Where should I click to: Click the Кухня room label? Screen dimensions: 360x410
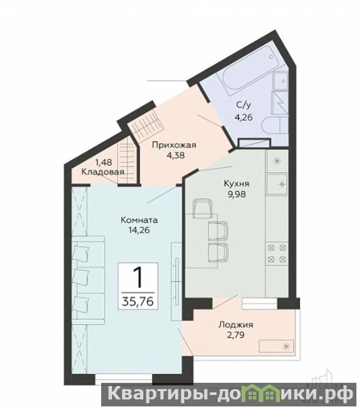[x=237, y=184]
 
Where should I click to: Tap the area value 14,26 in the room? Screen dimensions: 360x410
[x=139, y=230]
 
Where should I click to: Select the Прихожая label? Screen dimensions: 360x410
[x=174, y=145]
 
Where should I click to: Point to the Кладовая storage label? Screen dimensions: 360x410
[x=103, y=172]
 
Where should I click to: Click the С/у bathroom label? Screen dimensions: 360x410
[x=243, y=105]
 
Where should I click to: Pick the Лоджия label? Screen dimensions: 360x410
[x=236, y=325]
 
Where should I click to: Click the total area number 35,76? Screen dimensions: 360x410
[x=138, y=302]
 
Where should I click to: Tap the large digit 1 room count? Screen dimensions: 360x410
[x=138, y=278]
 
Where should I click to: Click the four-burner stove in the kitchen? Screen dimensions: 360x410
[x=276, y=253]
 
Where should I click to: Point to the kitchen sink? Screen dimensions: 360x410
[x=277, y=184]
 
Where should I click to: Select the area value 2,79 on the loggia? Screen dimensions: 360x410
[x=236, y=335]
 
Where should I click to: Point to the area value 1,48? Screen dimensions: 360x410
[x=104, y=162]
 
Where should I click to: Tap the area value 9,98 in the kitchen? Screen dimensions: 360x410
[x=237, y=194]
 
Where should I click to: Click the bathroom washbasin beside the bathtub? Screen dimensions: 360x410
[x=280, y=81]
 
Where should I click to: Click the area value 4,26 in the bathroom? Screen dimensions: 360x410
[x=243, y=118]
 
